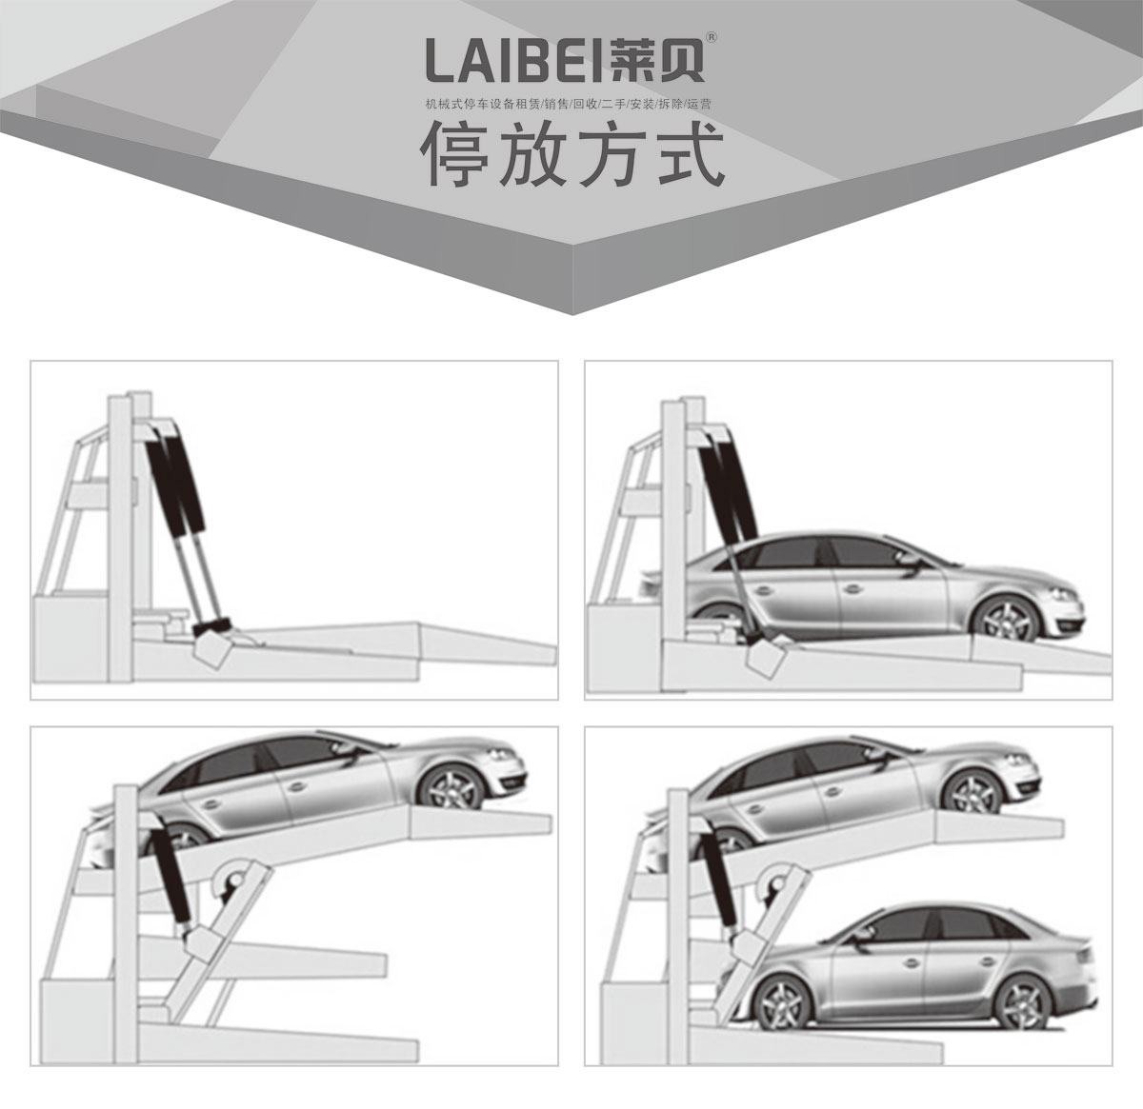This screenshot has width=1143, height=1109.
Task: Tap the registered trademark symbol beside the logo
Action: (712, 37)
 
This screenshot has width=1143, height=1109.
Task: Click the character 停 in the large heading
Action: (455, 154)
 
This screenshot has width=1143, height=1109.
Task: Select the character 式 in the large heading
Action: (691, 154)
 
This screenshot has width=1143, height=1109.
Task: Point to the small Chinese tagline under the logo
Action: (568, 105)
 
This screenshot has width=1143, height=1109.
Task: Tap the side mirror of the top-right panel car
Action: (910, 559)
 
